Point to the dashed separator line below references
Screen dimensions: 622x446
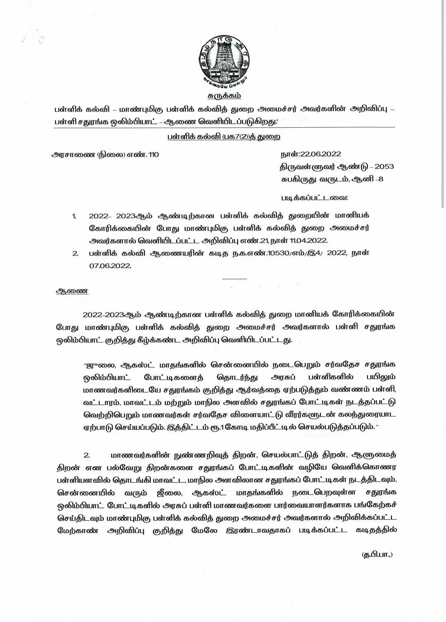pos(235,279)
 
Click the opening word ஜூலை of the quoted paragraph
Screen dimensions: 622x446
pos(97,365)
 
